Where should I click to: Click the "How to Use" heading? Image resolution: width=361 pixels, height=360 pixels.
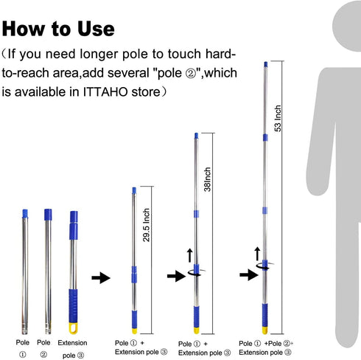coord(58,29)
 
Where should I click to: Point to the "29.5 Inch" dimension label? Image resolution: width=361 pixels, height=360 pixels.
coord(147,225)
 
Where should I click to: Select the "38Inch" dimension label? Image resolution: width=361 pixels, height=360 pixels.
coord(208,179)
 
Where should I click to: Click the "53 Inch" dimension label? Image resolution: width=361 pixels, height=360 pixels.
coord(278,118)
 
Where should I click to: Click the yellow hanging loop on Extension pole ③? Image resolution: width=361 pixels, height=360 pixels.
coord(73,328)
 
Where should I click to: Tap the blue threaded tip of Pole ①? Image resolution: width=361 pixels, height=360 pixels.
coord(25,214)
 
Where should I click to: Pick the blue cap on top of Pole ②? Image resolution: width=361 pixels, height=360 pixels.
coord(48,215)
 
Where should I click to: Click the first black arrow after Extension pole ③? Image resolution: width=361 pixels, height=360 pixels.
coord(101,278)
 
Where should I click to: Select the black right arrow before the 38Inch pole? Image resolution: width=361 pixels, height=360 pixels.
coord(176,276)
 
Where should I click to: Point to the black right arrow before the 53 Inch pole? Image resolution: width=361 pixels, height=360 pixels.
coord(249,274)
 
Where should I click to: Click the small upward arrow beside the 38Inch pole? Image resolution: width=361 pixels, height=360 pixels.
coord(190,255)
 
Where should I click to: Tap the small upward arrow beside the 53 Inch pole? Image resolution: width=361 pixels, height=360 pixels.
coord(257,254)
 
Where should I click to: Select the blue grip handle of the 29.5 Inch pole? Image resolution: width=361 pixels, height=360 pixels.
coord(134,319)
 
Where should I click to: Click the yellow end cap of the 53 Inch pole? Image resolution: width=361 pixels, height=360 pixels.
coord(264,330)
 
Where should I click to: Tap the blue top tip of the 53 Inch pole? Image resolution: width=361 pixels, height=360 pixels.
coord(266,64)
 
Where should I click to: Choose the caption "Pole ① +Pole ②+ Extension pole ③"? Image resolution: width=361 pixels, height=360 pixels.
coord(266,347)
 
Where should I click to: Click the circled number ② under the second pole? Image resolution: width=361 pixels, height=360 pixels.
coord(43,354)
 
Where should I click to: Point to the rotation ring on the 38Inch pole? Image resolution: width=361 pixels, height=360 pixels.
coord(197,272)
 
